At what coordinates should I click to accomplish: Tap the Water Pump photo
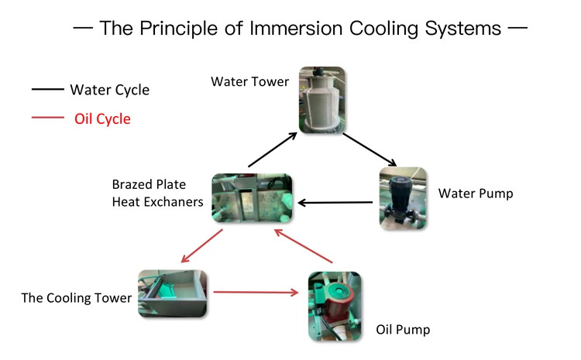click(402, 197)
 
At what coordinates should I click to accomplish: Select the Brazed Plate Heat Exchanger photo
click(253, 200)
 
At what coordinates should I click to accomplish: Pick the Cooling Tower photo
click(172, 293)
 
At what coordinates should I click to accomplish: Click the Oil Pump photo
click(334, 307)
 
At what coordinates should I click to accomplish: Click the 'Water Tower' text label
click(249, 81)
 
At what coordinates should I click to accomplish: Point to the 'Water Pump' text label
click(475, 193)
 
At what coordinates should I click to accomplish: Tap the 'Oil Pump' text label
click(403, 330)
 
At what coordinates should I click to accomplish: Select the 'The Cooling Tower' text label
click(76, 297)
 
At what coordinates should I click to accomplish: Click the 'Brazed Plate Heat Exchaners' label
click(157, 194)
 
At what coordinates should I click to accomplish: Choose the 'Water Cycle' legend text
click(109, 90)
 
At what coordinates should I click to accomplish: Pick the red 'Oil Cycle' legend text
click(102, 119)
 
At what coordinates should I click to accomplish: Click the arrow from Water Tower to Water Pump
click(370, 149)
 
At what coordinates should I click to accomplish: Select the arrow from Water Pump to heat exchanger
click(338, 204)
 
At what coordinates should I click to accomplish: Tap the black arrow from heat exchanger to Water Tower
click(272, 149)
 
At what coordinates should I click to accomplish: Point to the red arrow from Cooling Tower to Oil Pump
click(256, 292)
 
